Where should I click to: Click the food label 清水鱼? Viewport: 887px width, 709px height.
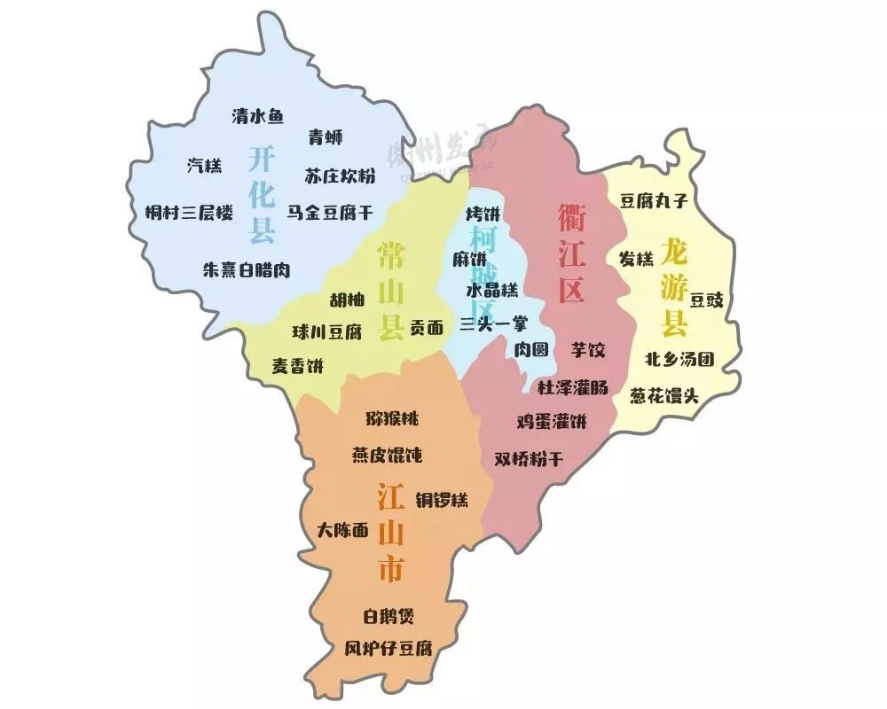tap(257, 116)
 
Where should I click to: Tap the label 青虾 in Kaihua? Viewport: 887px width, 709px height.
tap(326, 137)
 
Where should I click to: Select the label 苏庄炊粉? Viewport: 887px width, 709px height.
tap(340, 175)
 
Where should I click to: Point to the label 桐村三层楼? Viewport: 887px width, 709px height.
tap(189, 213)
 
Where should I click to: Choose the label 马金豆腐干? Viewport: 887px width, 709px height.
tap(330, 213)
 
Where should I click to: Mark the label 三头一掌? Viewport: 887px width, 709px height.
tap(493, 324)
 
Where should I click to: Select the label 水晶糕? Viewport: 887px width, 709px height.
tap(491, 290)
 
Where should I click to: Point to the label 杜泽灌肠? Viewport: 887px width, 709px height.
tap(573, 386)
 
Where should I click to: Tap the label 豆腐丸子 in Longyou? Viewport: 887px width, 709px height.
tap(654, 201)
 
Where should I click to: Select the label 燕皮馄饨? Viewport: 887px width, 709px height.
tap(387, 456)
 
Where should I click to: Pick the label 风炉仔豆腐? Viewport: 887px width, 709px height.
tap(388, 648)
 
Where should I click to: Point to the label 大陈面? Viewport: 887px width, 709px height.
tap(342, 531)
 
